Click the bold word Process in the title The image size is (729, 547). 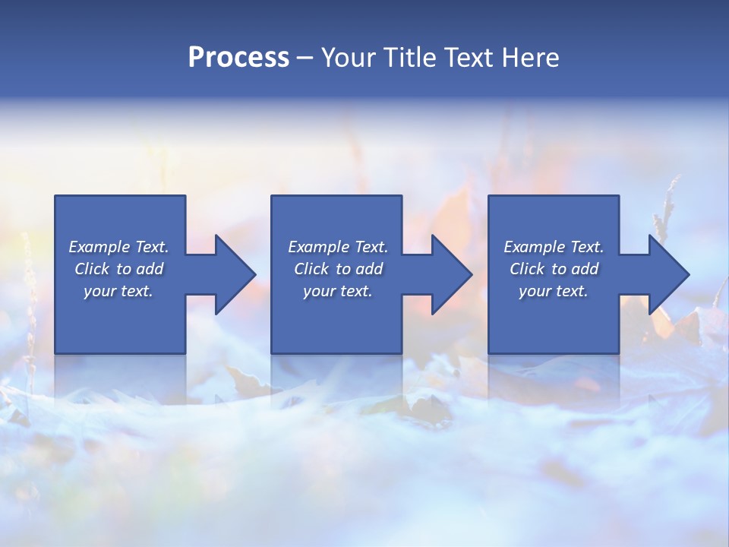pyautogui.click(x=238, y=58)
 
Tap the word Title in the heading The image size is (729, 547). pyautogui.click(x=409, y=58)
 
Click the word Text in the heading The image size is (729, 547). pyautogui.click(x=469, y=58)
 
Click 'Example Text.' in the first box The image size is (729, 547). pyautogui.click(x=118, y=247)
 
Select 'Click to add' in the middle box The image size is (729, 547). pyautogui.click(x=338, y=269)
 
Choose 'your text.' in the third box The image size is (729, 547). pyautogui.click(x=554, y=291)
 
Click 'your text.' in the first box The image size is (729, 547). pyautogui.click(x=118, y=291)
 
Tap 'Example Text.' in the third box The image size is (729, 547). pyautogui.click(x=554, y=247)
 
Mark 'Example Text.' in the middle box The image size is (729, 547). pyautogui.click(x=338, y=247)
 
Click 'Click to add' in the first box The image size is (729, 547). pyautogui.click(x=118, y=269)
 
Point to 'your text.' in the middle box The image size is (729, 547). pyautogui.click(x=338, y=291)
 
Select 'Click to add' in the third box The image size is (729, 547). pyautogui.click(x=554, y=269)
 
